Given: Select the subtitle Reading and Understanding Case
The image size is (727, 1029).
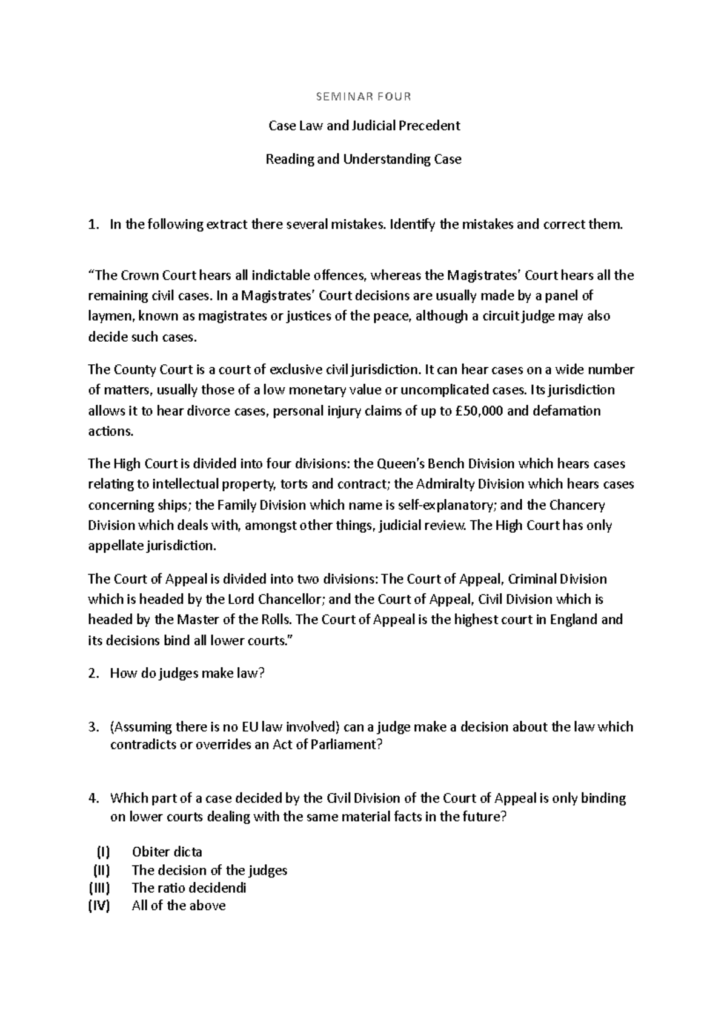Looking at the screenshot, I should [363, 159].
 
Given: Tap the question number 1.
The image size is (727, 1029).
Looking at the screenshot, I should [92, 225].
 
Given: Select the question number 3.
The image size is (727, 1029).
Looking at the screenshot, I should [92, 727].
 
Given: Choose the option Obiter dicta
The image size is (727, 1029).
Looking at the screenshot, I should [167, 852].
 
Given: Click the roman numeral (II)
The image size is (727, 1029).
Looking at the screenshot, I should [101, 870].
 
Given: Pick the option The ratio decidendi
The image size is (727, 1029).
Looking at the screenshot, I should [188, 888].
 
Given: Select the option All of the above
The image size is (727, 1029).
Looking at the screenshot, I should [178, 906].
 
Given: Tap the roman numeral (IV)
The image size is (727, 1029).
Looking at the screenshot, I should [100, 906].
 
